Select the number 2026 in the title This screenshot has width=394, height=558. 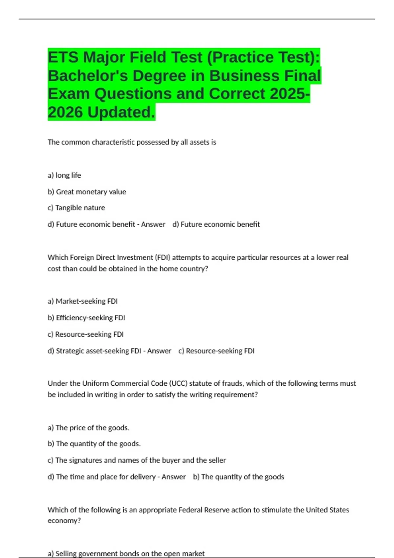65,112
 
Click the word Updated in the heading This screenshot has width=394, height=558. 121,112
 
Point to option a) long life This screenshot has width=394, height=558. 64,175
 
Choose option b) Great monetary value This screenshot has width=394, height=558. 87,192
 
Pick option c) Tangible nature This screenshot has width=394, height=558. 77,208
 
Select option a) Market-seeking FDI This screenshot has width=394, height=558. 83,301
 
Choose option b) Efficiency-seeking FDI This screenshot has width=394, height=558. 86,318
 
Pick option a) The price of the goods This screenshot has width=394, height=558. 89,428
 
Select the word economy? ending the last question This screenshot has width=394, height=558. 64,521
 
